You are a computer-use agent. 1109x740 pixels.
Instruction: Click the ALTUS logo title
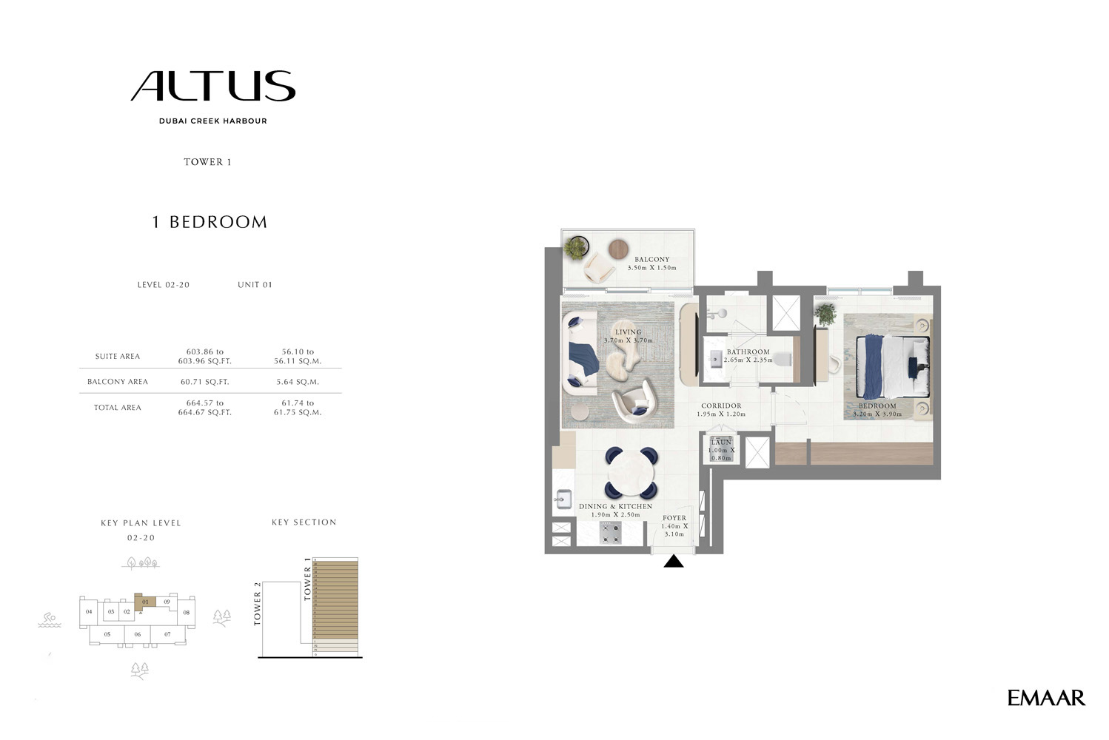click(213, 87)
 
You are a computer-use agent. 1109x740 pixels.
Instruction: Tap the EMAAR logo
click(1045, 698)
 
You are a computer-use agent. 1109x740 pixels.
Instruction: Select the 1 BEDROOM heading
click(210, 222)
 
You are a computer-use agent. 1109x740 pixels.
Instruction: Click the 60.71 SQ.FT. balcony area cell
click(205, 382)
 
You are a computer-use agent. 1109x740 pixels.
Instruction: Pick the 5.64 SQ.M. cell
click(298, 382)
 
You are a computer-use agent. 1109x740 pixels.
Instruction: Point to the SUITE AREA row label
click(117, 356)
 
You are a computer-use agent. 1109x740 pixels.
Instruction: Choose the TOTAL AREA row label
click(117, 408)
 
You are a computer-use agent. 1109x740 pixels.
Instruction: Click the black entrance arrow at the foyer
click(673, 562)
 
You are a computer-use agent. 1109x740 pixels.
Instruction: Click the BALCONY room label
click(651, 260)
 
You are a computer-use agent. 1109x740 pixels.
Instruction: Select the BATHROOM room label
click(748, 352)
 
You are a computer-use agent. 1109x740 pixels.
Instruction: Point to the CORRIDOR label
click(721, 406)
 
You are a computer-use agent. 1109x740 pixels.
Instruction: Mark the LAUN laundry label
click(721, 443)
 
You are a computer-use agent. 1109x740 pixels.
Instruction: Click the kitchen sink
click(562, 500)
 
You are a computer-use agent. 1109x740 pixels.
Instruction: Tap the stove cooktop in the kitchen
click(611, 532)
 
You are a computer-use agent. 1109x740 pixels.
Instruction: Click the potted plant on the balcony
click(575, 247)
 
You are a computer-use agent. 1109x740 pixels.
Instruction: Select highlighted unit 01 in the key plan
click(145, 602)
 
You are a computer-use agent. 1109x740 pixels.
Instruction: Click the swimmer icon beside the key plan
click(49, 619)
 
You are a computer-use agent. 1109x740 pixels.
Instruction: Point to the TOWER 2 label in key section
click(258, 604)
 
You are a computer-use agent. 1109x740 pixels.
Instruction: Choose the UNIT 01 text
click(255, 285)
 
